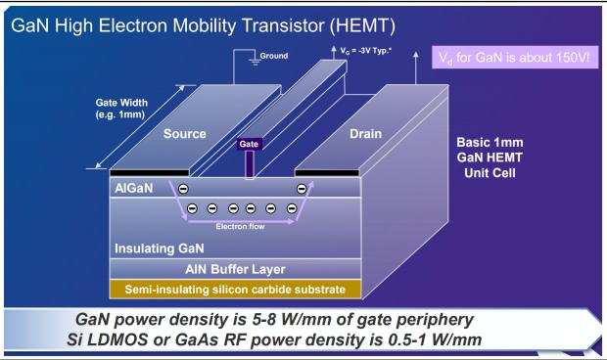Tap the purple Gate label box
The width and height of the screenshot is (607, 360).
250,144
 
